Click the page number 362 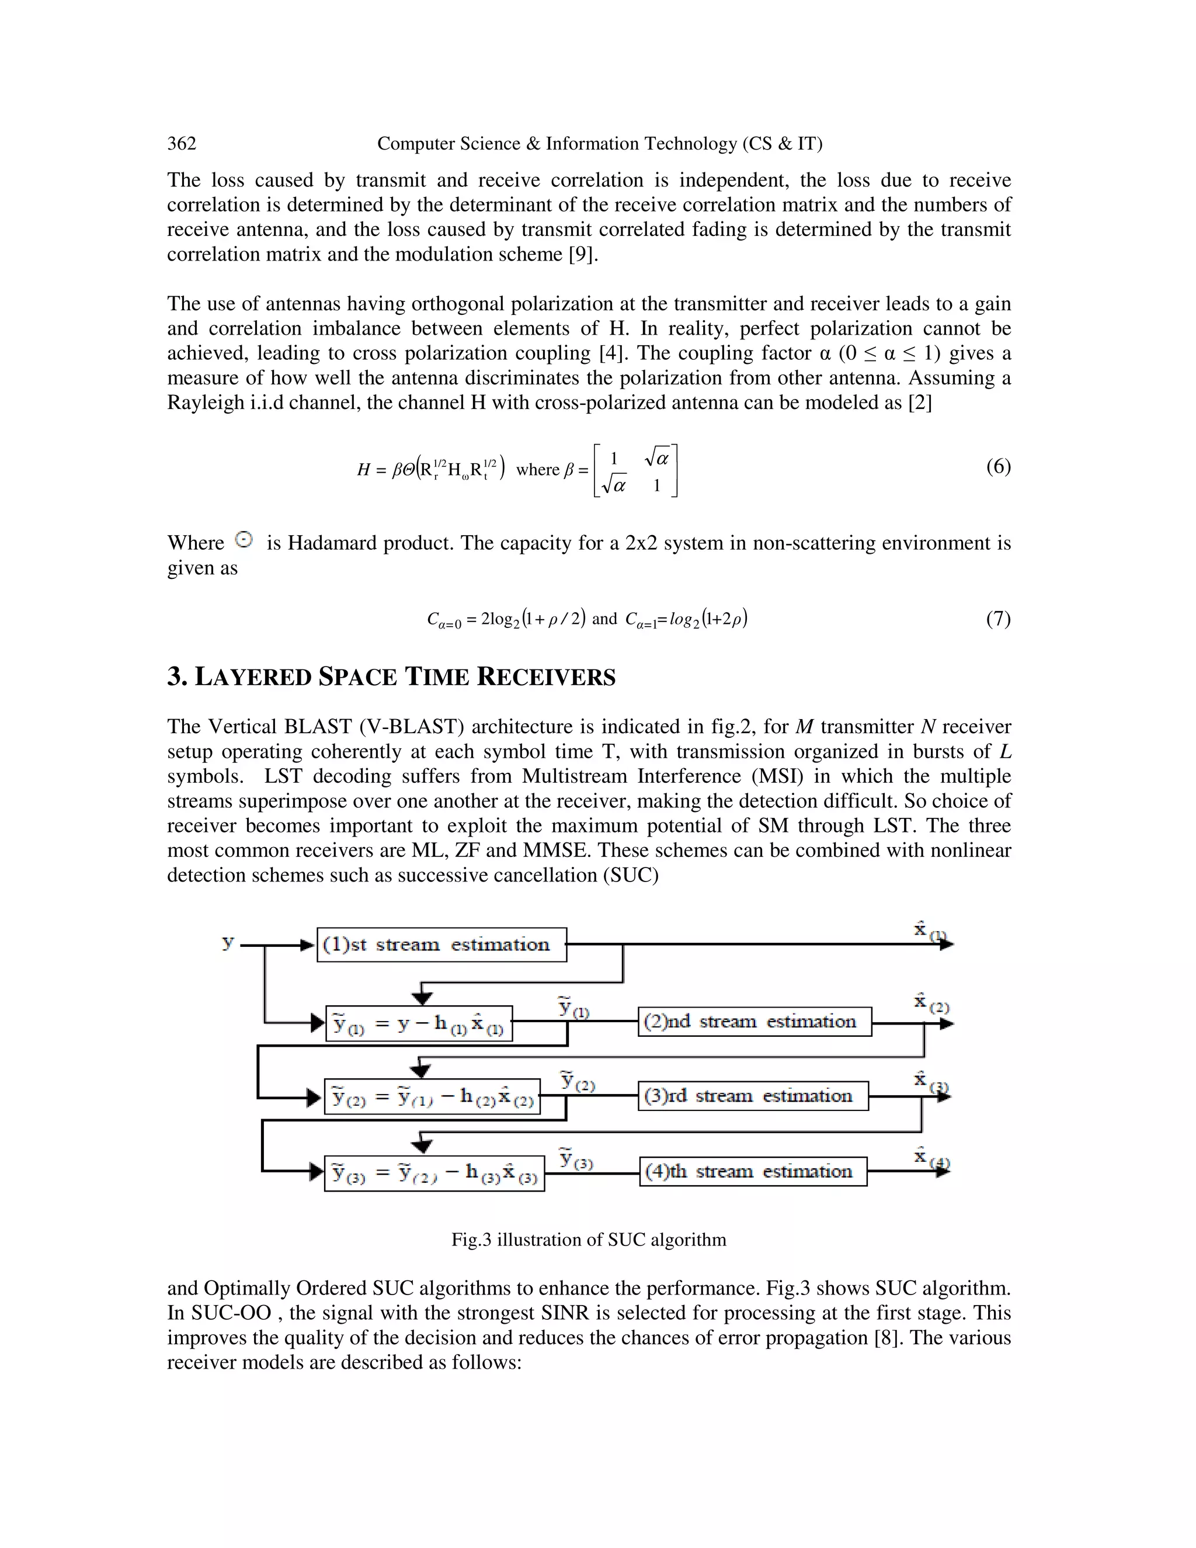pyautogui.click(x=182, y=144)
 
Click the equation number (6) pyautogui.click(x=997, y=466)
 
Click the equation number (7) pyautogui.click(x=997, y=619)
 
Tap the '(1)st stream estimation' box pyautogui.click(x=441, y=945)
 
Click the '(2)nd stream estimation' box pyautogui.click(x=755, y=1021)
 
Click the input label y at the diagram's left pyautogui.click(x=227, y=943)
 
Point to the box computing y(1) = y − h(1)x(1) pyautogui.click(x=419, y=1024)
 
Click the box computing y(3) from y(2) pyautogui.click(x=434, y=1174)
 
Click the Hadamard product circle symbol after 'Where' pyautogui.click(x=243, y=540)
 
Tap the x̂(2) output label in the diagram pyautogui.click(x=930, y=1003)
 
